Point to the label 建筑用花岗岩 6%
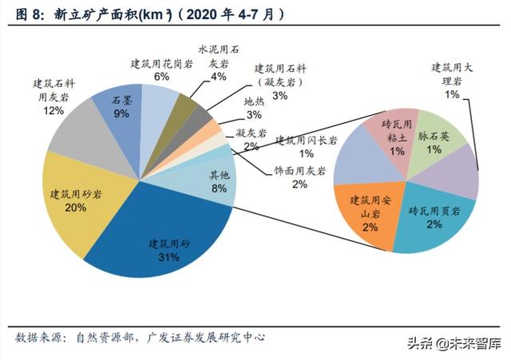[x=161, y=69]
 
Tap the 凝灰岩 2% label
[x=251, y=139]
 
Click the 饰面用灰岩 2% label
[x=299, y=176]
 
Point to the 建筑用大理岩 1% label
[x=452, y=81]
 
